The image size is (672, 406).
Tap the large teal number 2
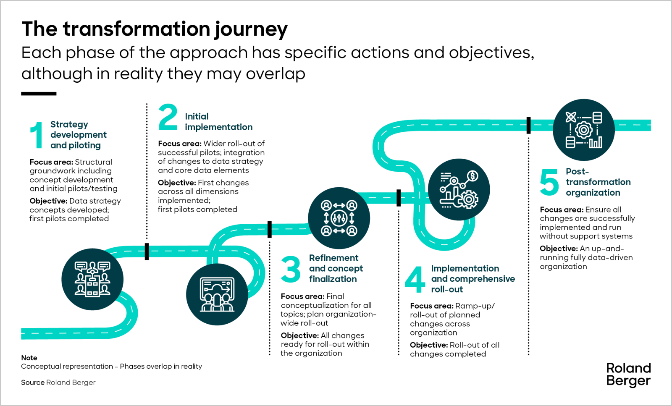tap(168, 117)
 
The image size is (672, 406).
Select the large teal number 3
tap(291, 269)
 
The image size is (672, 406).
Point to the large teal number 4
tap(415, 280)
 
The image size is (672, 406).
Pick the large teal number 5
tap(549, 182)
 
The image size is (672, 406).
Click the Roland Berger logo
tap(628, 375)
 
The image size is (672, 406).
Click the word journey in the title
tap(251, 30)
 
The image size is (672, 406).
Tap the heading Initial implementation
tap(219, 122)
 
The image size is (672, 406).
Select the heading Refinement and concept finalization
tap(336, 268)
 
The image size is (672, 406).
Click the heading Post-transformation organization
tap(598, 182)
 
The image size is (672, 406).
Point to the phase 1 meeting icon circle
tap(92, 279)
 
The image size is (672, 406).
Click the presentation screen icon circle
tap(217, 294)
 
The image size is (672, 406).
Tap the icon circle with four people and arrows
tap(339, 218)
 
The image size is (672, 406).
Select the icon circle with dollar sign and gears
tap(459, 189)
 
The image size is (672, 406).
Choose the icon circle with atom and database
tap(584, 130)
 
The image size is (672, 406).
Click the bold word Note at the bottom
tap(29, 358)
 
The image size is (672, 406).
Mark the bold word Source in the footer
tap(33, 382)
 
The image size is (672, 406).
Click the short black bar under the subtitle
tap(39, 94)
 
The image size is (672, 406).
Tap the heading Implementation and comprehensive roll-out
tap(473, 279)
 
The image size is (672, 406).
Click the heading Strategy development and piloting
tap(78, 135)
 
